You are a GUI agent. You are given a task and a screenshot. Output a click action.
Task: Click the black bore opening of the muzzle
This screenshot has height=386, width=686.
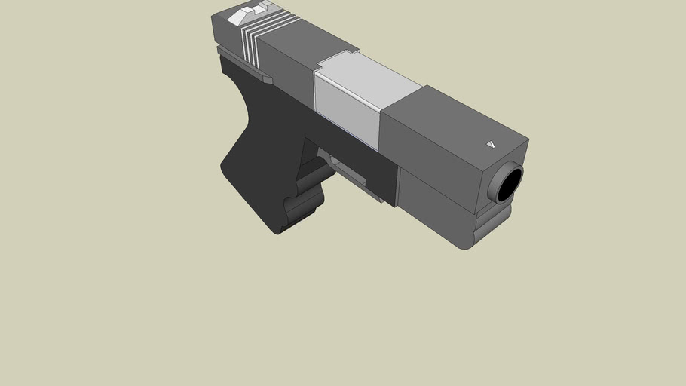510,184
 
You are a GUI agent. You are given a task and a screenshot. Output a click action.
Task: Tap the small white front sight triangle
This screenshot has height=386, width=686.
491,144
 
